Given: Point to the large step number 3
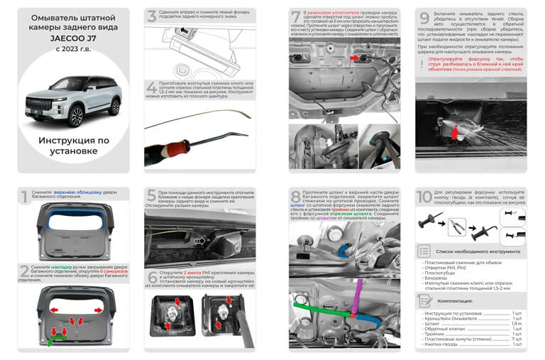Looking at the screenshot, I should [151, 16].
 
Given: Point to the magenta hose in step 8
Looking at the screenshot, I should [358, 291].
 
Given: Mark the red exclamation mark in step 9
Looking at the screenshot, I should [422, 64].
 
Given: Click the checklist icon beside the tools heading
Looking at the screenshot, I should [424, 251].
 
